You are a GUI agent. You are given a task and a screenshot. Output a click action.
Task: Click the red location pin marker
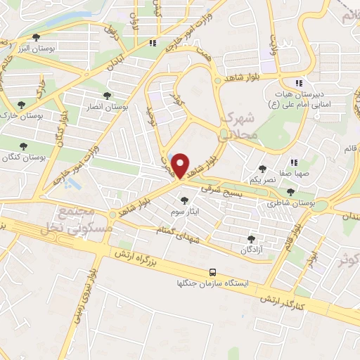181,165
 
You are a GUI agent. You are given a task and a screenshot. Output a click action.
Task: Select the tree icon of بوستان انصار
107,96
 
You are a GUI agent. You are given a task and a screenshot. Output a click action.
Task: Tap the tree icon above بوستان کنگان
23,146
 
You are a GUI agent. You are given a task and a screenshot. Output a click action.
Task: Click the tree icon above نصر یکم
263,169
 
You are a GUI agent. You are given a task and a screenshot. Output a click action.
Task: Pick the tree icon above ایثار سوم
185,200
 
